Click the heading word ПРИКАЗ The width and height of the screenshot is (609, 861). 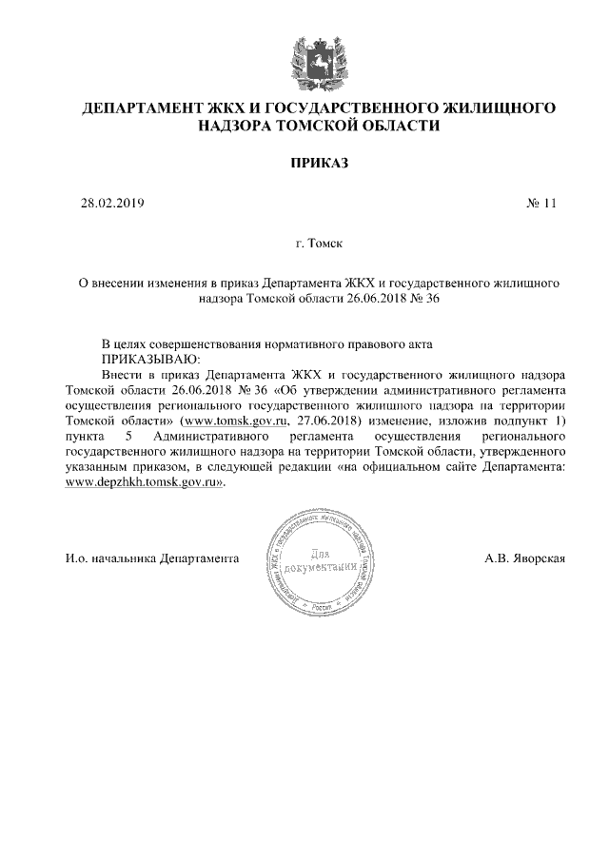point(319,164)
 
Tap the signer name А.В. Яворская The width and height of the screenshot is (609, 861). point(523,558)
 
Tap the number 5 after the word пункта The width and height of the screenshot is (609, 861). point(128,436)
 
